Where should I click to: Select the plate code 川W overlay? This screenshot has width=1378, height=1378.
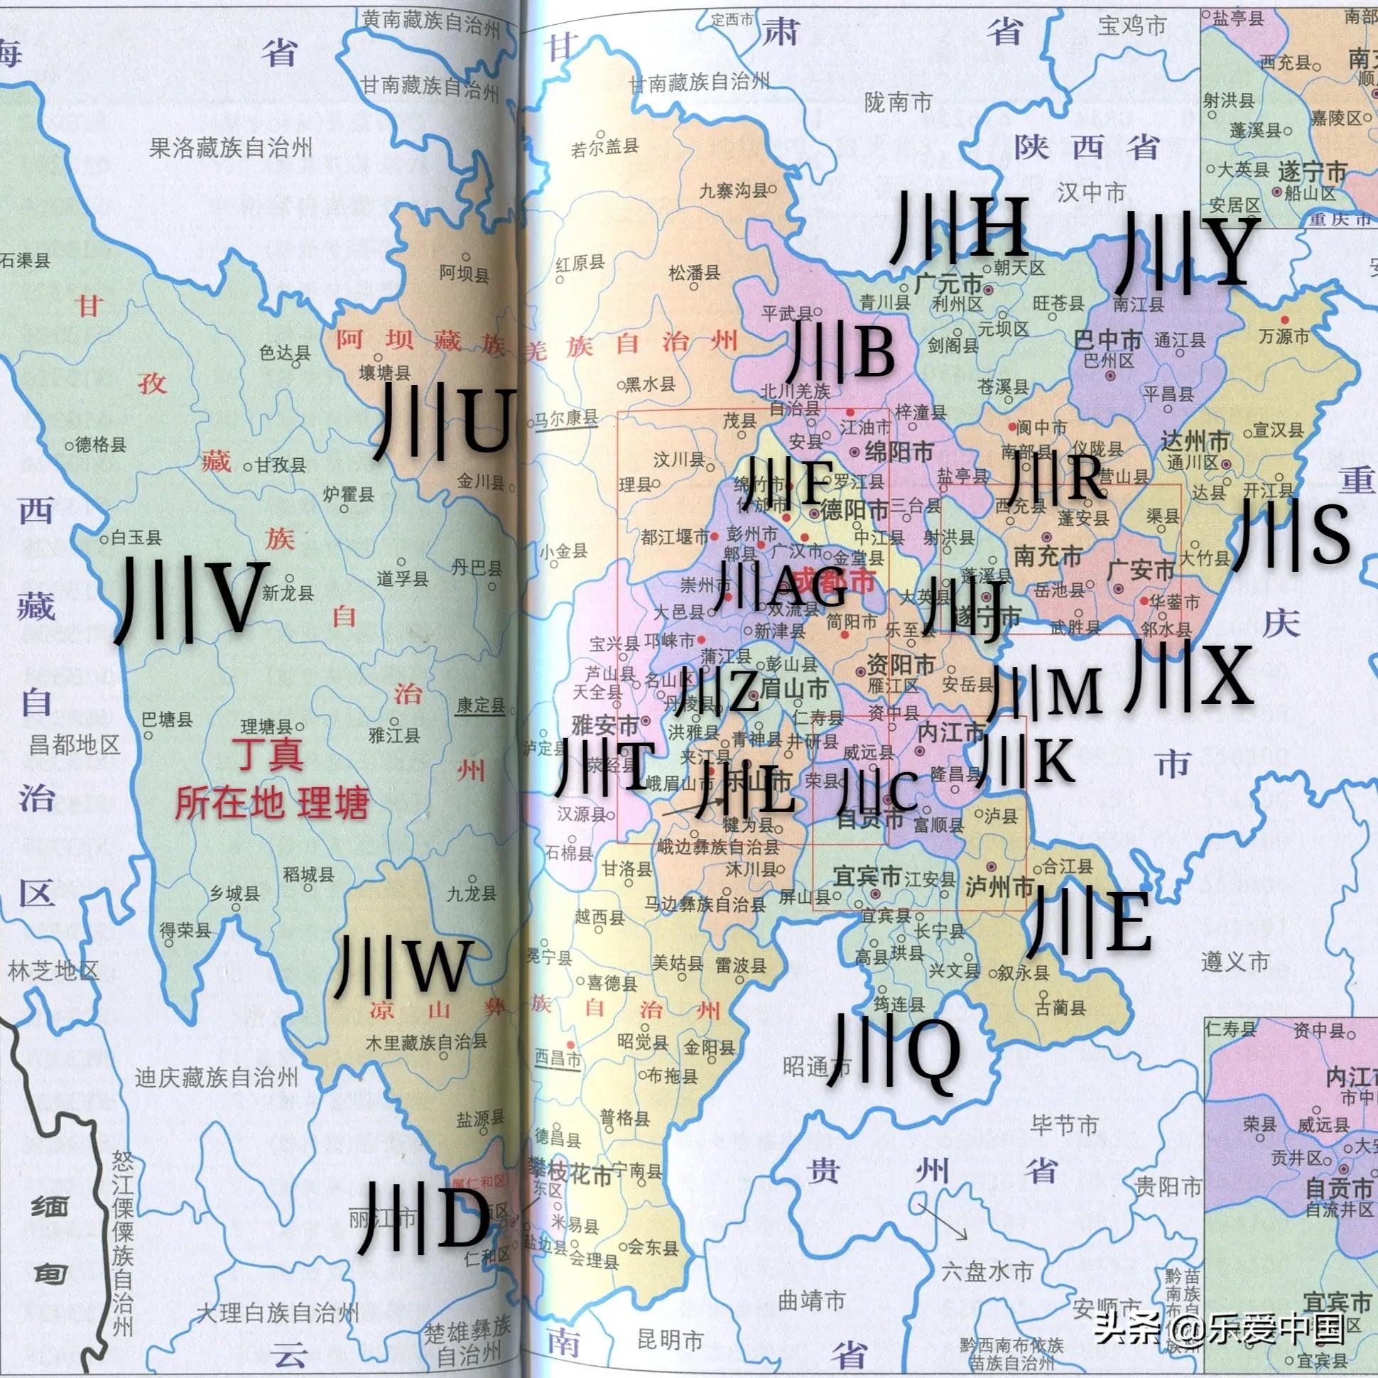pos(403,966)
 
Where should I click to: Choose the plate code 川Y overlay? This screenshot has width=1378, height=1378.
pos(1188,254)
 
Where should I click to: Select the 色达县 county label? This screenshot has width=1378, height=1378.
pos(285,352)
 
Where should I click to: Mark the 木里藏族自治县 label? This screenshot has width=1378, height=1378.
pos(426,1042)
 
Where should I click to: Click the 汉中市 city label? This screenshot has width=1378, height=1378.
pos(1090,192)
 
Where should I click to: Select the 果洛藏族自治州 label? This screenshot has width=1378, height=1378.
pos(231,148)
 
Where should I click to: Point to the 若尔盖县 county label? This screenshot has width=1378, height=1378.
pos(605,148)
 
